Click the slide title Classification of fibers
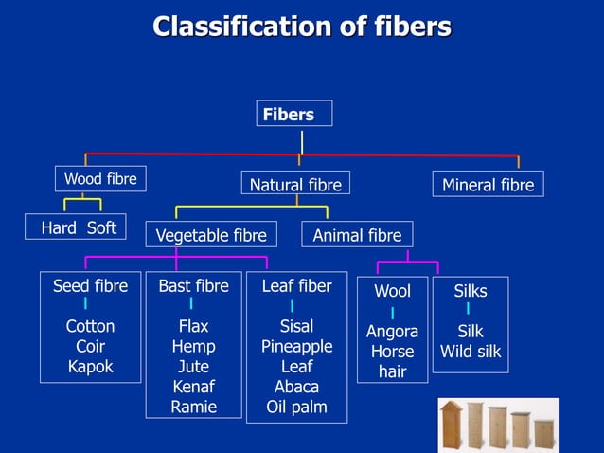pos(302,27)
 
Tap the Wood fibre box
pos(99,179)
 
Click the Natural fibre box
pos(295,186)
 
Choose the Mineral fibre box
pos(488,185)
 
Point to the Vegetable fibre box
pos(211,235)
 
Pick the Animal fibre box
pos(357,235)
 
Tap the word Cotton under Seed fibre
pos(90,327)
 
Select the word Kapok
pos(90,367)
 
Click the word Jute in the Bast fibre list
pos(193,367)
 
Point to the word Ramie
pos(193,407)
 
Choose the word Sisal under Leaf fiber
pos(296,327)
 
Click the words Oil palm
pos(296,408)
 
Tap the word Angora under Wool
pos(392,332)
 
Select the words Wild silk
pos(471,353)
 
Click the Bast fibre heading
pos(193,285)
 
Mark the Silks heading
pos(471,292)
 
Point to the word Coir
pos(90,347)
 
